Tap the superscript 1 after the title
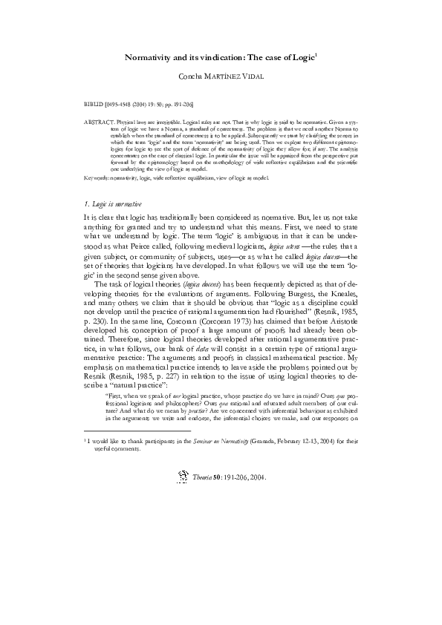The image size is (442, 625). pos(317,53)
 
